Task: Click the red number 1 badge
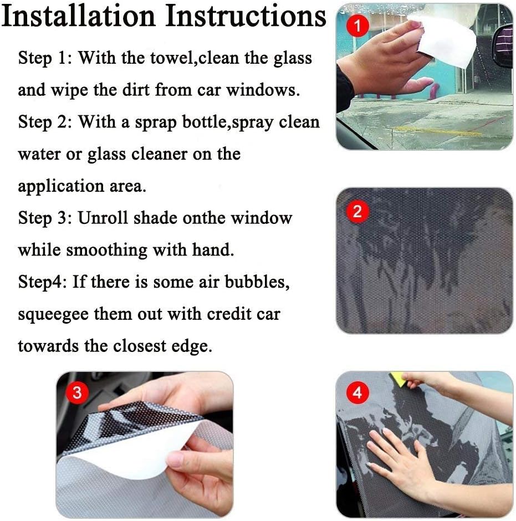coord(357,26)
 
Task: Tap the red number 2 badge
coord(357,211)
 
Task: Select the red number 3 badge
coord(77,392)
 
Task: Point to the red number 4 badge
coord(357,392)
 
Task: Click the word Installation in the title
coord(78,16)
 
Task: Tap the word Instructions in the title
coord(246,16)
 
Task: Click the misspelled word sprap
coord(156,123)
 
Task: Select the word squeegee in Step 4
coord(53,315)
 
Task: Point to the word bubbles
coord(257,282)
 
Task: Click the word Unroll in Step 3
coord(103,218)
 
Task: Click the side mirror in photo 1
coord(503,45)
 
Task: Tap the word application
coord(61,187)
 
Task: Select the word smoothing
coord(106,251)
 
